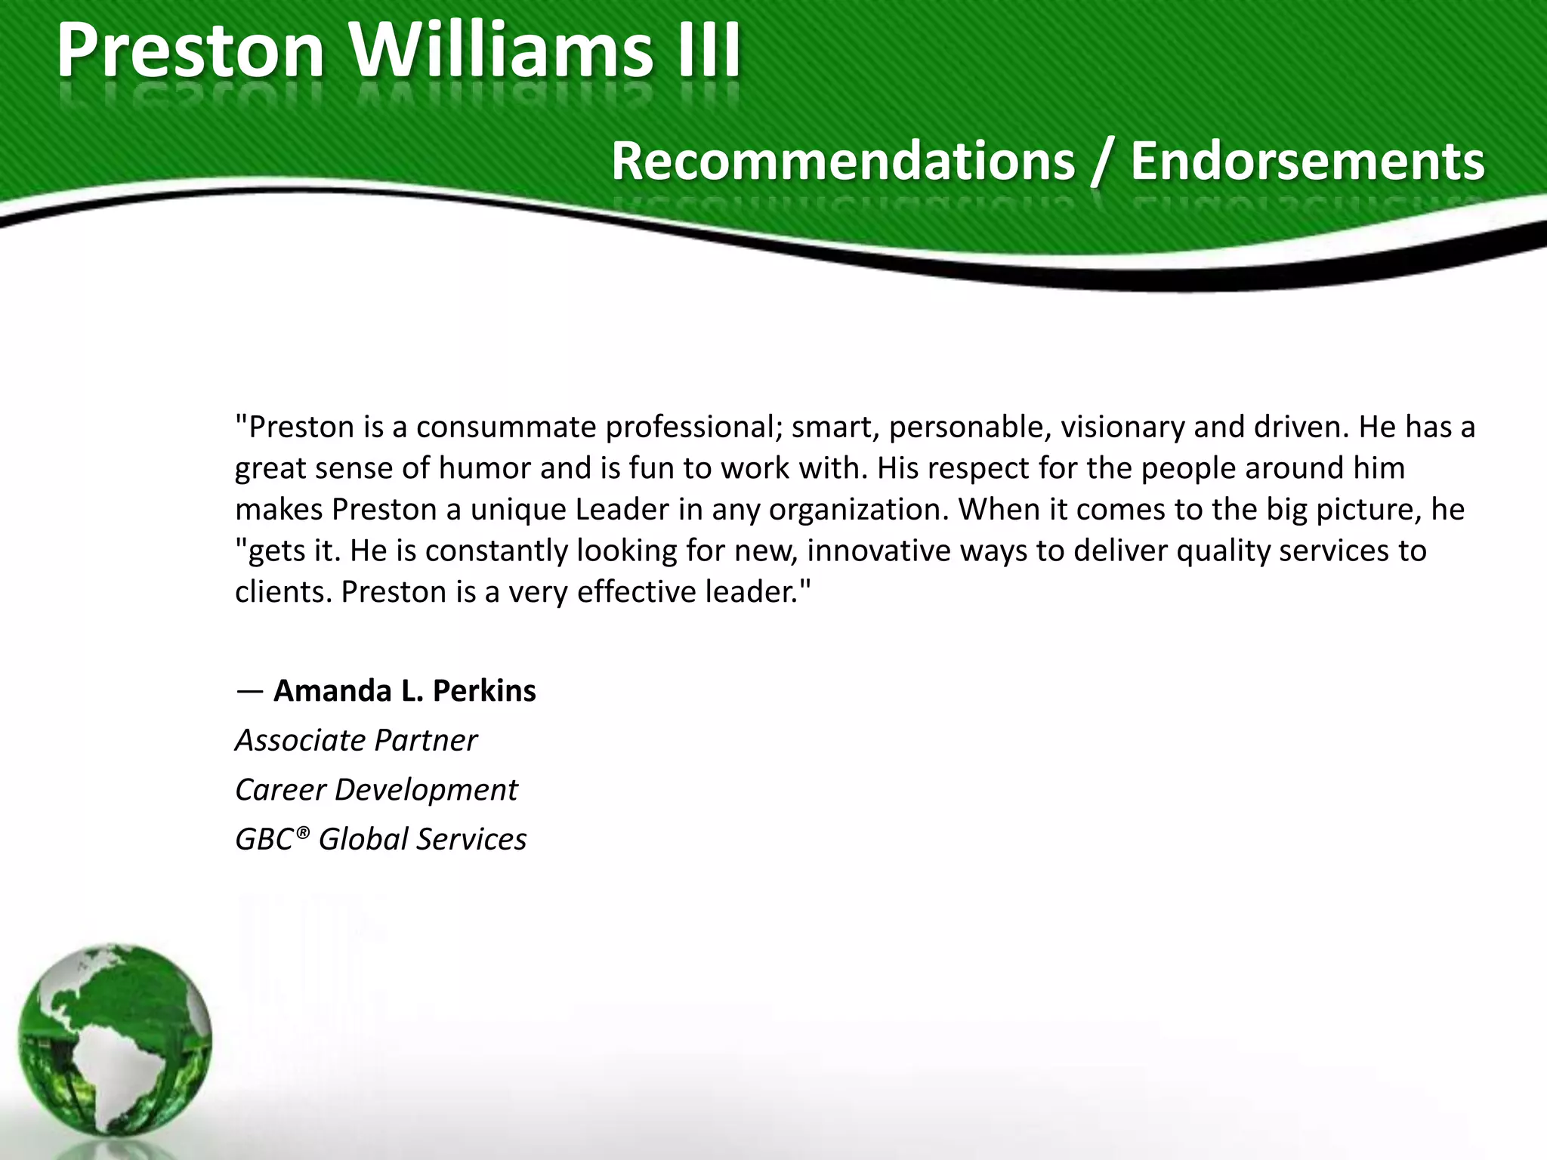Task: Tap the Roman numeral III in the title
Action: (x=709, y=51)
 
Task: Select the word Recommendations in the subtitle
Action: (x=843, y=161)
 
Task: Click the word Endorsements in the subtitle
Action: (x=1308, y=161)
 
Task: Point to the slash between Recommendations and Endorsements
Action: (x=1102, y=162)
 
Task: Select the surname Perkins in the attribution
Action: (x=484, y=691)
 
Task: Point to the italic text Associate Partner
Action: (x=356, y=741)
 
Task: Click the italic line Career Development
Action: (x=376, y=791)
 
